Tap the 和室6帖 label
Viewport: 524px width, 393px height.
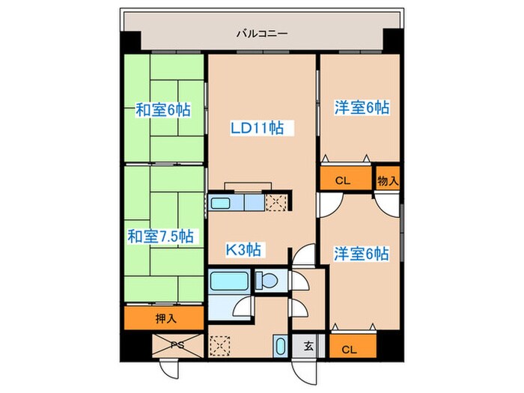163,111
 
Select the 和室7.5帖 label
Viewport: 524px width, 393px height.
161,237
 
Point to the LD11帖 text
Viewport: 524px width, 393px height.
256,128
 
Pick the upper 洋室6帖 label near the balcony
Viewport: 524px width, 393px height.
361,108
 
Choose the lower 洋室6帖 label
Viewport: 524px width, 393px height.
361,254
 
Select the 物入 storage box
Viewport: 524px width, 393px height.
387,180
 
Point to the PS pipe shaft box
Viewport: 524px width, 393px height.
177,345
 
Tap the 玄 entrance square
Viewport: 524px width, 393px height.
308,345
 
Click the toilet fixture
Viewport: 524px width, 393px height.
266,281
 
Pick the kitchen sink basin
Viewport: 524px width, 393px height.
221,202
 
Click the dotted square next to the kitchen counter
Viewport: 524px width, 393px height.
275,202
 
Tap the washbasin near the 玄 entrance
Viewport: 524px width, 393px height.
279,347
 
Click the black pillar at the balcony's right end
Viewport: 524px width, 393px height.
392,38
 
